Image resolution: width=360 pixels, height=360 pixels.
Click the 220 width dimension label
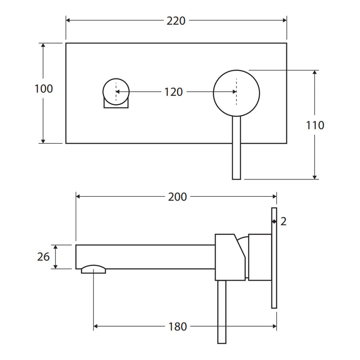click(x=176, y=21)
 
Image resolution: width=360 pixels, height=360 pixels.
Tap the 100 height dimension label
click(x=44, y=88)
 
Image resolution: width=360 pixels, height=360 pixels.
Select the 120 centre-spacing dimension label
click(x=173, y=92)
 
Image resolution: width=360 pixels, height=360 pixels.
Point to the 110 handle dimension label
click(x=315, y=125)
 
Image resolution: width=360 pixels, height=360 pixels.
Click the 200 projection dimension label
click(x=177, y=197)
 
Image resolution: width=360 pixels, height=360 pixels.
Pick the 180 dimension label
click(x=178, y=327)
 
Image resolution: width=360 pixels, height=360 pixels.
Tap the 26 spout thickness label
click(x=43, y=257)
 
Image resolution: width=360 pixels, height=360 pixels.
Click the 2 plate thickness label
click(x=283, y=222)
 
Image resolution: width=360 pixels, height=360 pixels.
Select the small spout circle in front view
click(x=116, y=79)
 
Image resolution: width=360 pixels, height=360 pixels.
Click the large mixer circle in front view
click(x=236, y=70)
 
